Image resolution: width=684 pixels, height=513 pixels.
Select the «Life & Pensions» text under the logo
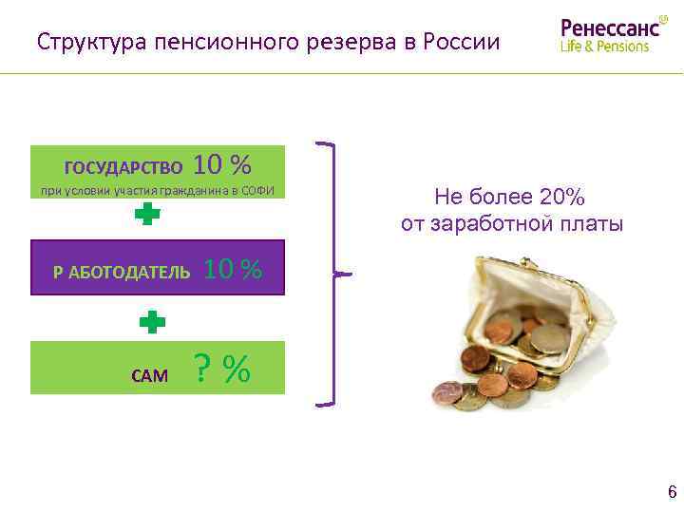(605, 46)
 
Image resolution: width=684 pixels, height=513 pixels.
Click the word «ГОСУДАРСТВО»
(123, 168)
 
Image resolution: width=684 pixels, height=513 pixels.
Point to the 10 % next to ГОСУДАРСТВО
(221, 165)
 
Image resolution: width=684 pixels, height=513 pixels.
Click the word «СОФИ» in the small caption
(256, 191)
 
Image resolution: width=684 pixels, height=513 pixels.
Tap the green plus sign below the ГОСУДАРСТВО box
(146, 217)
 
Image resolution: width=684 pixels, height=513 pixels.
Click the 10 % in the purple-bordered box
(233, 269)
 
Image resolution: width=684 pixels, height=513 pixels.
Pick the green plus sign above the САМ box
(152, 322)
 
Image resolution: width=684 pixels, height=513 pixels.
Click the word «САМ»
(149, 375)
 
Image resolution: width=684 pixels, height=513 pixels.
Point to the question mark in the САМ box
(201, 369)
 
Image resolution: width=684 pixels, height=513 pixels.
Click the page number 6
(672, 491)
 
